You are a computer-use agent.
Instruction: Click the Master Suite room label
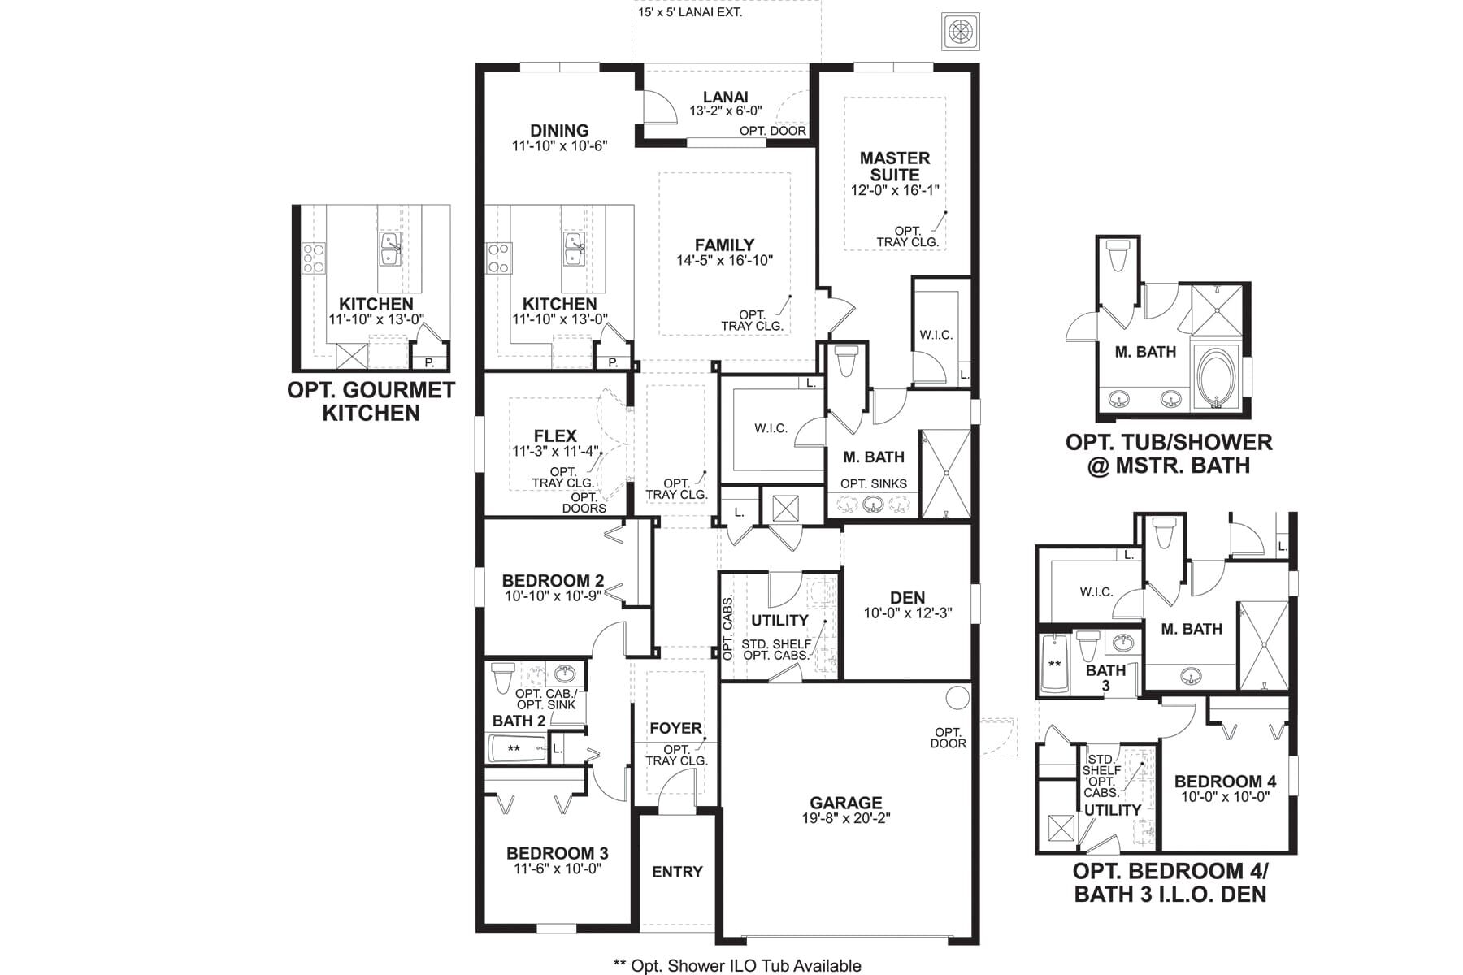point(895,166)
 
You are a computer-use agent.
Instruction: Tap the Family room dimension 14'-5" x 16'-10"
point(724,261)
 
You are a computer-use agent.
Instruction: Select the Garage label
point(845,804)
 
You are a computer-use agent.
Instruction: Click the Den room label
point(907,598)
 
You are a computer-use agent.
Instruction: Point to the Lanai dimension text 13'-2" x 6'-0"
point(726,111)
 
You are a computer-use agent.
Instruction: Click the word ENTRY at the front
point(677,872)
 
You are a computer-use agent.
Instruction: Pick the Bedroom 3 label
point(557,853)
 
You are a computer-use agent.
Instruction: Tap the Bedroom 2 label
point(553,581)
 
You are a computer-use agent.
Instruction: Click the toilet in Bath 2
point(502,677)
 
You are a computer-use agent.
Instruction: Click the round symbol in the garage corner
point(957,697)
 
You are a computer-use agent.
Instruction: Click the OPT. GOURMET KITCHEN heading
point(371,401)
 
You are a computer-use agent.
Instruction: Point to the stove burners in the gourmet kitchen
point(314,258)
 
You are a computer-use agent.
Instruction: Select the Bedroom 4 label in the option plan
point(1225,782)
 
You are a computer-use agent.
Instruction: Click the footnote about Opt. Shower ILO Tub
point(736,965)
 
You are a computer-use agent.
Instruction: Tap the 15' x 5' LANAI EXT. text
point(690,12)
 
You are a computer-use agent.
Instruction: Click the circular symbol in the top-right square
point(960,32)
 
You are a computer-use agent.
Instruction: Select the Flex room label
point(555,435)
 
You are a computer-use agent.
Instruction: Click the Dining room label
point(559,130)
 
